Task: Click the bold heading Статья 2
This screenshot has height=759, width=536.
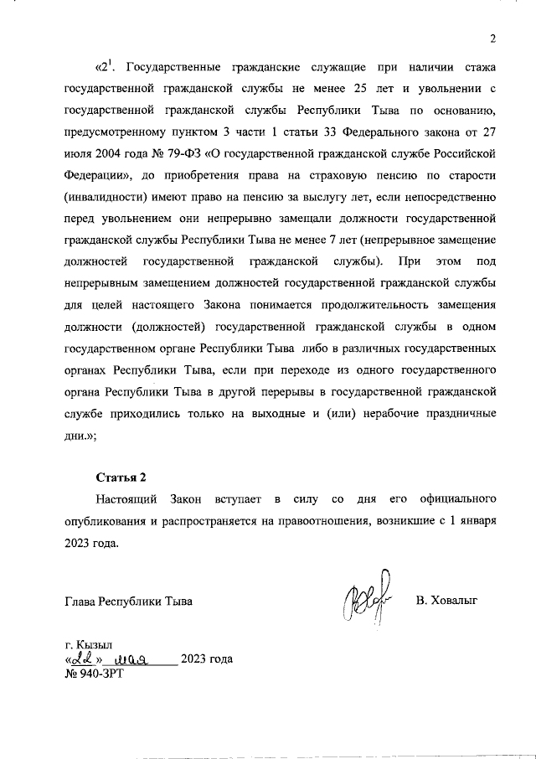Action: (120, 478)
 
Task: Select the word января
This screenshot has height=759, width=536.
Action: (480, 522)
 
